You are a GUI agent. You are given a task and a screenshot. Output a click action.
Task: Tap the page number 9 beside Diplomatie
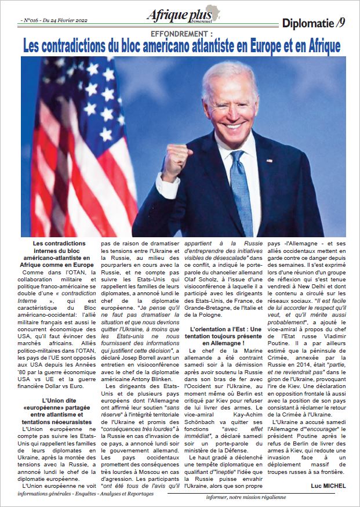click(x=342, y=23)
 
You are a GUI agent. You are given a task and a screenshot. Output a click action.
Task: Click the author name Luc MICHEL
click(x=327, y=485)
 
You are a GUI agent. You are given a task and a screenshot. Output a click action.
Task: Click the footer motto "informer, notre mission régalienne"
click(x=256, y=497)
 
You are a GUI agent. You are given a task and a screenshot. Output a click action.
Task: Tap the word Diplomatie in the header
click(x=308, y=23)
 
